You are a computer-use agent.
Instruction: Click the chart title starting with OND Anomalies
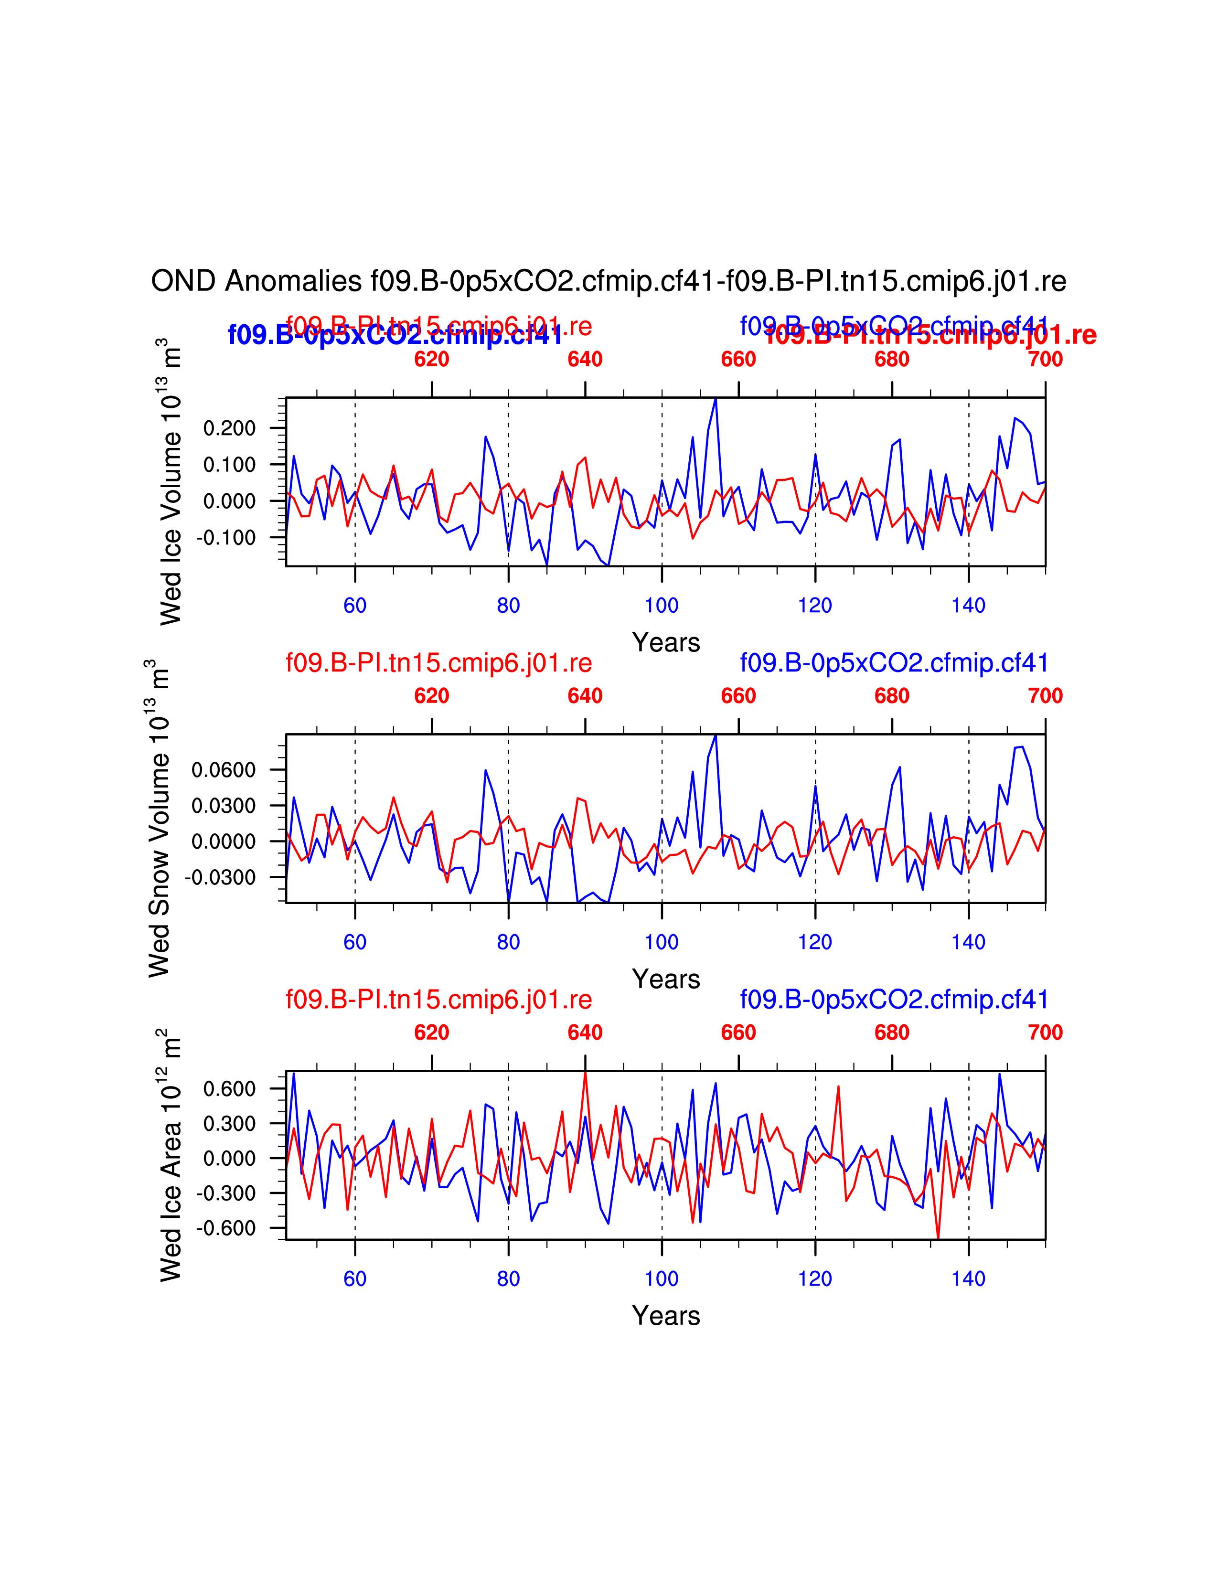tap(608, 281)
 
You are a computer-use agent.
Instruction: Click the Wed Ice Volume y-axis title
tap(171, 481)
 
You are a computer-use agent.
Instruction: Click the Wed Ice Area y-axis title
tap(171, 1155)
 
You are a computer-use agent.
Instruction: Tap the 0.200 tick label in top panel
tap(229, 429)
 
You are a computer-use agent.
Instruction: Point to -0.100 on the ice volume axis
tap(226, 538)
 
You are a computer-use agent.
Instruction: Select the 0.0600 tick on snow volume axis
tap(224, 770)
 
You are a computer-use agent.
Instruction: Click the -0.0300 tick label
tap(220, 877)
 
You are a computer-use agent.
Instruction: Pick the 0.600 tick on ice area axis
tap(229, 1089)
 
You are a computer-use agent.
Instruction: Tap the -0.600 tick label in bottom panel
tap(226, 1228)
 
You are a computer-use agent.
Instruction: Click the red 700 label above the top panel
tap(1045, 359)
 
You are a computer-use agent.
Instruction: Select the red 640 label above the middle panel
tap(585, 696)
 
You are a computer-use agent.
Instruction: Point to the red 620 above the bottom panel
tap(431, 1033)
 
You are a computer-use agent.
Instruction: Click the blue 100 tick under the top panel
tap(662, 606)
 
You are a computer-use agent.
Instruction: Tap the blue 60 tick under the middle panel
tap(355, 942)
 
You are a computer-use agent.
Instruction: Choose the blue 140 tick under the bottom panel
tap(968, 1278)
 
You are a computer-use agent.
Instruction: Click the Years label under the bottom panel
tap(666, 1316)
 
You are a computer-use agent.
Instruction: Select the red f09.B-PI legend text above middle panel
tap(438, 662)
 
